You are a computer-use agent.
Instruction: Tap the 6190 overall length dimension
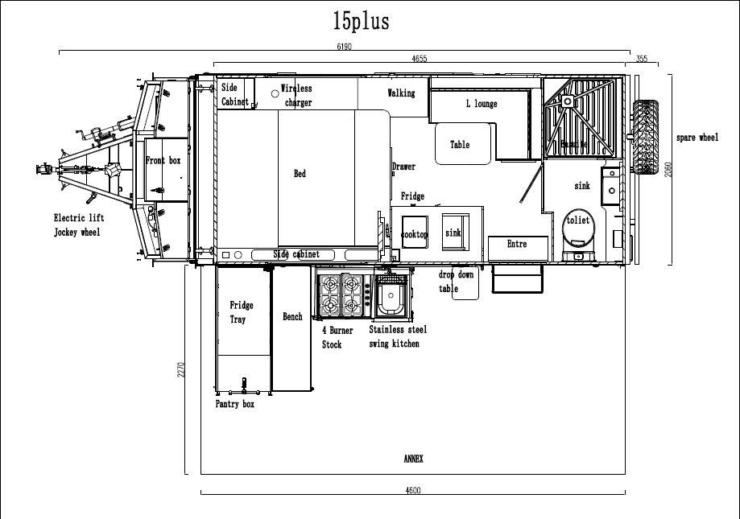(344, 47)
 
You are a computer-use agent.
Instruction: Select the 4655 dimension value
(419, 58)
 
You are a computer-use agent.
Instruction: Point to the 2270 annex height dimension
(182, 369)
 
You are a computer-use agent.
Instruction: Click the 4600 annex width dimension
(412, 490)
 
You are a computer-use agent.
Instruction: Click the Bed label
(300, 174)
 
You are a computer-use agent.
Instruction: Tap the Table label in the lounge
(460, 145)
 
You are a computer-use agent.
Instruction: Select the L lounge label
(482, 104)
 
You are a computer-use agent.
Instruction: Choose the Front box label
(163, 161)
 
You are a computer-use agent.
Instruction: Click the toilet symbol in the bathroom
(577, 226)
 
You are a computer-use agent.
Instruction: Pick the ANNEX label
(413, 459)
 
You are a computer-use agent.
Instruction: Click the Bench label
(292, 317)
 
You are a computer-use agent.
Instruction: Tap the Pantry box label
(234, 404)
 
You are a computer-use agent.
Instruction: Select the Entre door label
(517, 244)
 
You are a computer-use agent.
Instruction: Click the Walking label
(401, 93)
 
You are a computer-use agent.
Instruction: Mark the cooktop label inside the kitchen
(415, 234)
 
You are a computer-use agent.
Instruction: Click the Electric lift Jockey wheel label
(78, 225)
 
